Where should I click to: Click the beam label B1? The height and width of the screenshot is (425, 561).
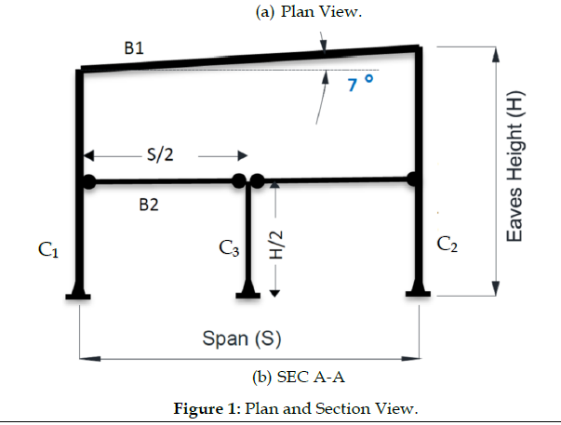point(133,48)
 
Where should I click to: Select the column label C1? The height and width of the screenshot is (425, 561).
point(48,249)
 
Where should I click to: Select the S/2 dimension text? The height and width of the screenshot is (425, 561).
point(159,154)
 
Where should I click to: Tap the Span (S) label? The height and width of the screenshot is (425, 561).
point(242,337)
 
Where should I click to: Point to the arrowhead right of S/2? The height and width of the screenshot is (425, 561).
point(239,156)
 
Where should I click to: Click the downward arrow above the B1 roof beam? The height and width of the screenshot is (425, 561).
point(323,43)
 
